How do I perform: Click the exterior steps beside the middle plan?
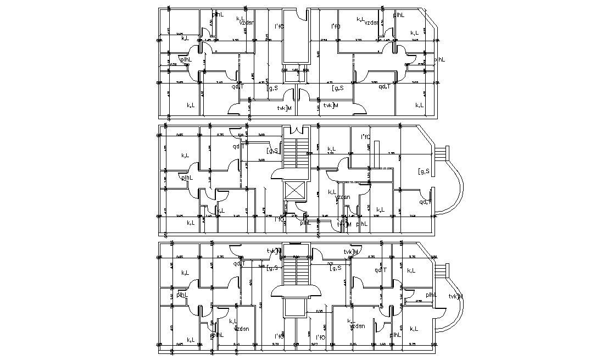(x=441, y=155)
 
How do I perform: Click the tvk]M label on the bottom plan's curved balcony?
(x=455, y=297)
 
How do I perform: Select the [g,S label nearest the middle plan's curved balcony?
(x=423, y=171)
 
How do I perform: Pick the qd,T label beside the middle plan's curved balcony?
(x=426, y=202)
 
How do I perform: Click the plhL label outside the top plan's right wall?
(x=440, y=59)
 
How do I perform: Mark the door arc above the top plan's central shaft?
(x=296, y=16)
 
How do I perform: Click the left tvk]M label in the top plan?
(x=284, y=108)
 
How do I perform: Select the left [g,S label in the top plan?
(x=272, y=88)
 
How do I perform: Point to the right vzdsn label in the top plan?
(x=371, y=23)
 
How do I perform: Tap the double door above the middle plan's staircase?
(x=296, y=130)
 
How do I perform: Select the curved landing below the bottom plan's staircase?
(x=296, y=291)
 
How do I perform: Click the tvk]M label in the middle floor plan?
(x=343, y=224)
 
